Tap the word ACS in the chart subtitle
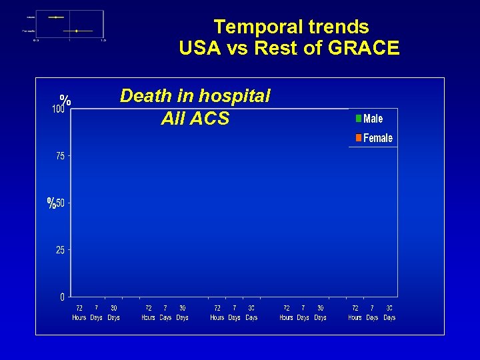pyautogui.click(x=212, y=119)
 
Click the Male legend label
pyautogui.click(x=373, y=119)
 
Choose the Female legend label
pyautogui.click(x=377, y=138)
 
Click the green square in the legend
pyautogui.click(x=358, y=119)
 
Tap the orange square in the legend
pyautogui.click(x=358, y=138)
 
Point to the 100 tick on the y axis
pyautogui.click(x=59, y=109)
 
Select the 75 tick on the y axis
pyautogui.click(x=60, y=156)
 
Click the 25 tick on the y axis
pyautogui.click(x=60, y=250)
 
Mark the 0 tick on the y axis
pyautogui.click(x=63, y=297)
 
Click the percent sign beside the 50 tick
pyautogui.click(x=51, y=203)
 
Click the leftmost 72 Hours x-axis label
pyautogui.click(x=79, y=313)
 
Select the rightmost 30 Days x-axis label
pyautogui.click(x=389, y=313)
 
